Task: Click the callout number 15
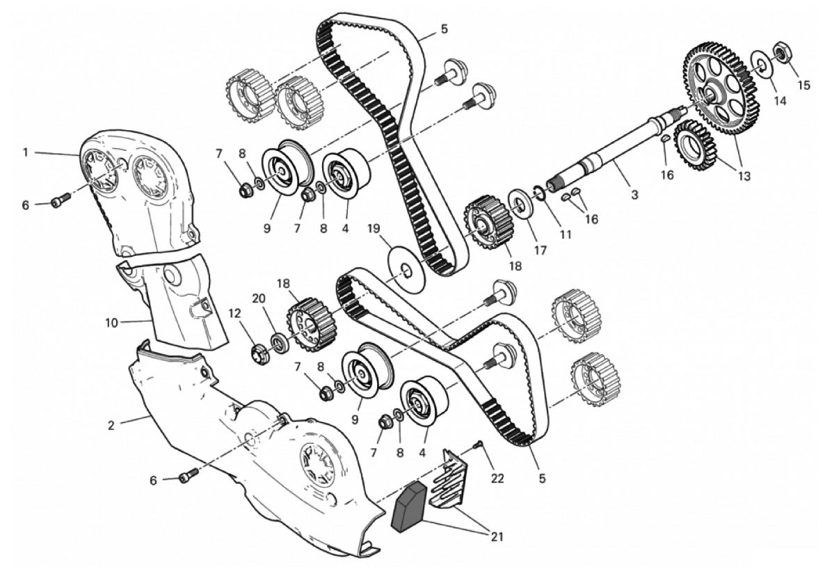click(x=804, y=86)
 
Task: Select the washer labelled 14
click(x=763, y=65)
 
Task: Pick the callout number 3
click(x=634, y=195)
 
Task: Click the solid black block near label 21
click(x=409, y=506)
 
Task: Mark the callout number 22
click(x=498, y=479)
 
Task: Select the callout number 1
click(x=25, y=152)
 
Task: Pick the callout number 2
click(x=111, y=423)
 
